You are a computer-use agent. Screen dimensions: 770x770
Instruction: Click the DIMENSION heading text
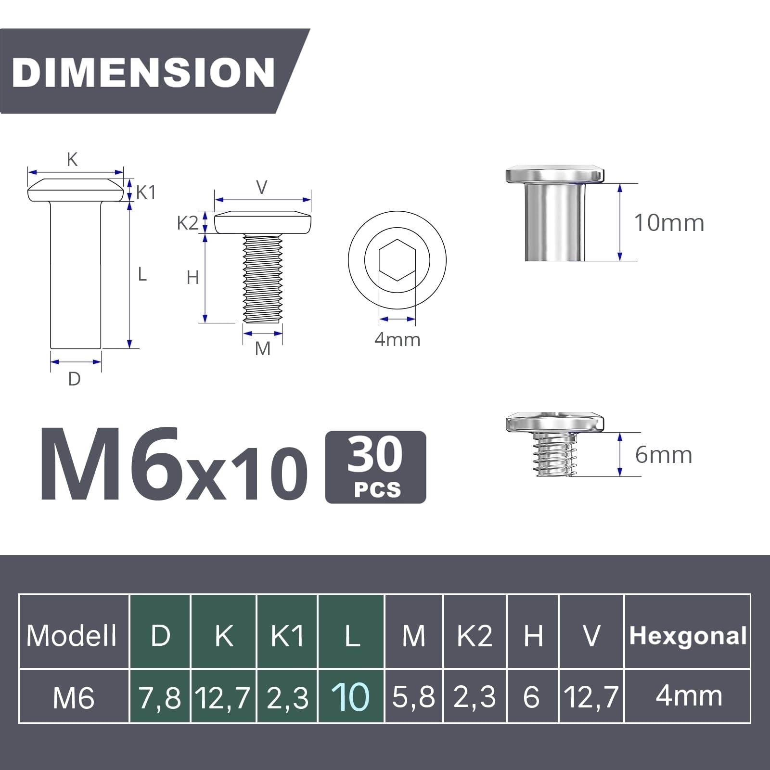point(143,72)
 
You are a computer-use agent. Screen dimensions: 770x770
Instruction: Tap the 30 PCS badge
point(375,467)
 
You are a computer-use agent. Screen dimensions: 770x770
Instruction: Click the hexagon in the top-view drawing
point(397,260)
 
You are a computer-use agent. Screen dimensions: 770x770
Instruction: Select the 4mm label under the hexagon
point(398,340)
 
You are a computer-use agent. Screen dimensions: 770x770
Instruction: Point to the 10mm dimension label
point(669,223)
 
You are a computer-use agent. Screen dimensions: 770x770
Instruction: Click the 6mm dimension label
point(664,455)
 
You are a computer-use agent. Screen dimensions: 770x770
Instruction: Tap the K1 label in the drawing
point(146,192)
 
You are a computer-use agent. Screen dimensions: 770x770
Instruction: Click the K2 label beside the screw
point(187,223)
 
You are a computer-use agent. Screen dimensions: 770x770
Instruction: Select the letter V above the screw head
point(262,187)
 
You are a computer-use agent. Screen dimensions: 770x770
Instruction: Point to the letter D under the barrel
point(75,379)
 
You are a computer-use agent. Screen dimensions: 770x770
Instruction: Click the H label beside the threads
point(192,278)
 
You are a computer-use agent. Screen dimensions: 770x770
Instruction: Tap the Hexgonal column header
point(688,636)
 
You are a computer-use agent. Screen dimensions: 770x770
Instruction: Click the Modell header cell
point(72,636)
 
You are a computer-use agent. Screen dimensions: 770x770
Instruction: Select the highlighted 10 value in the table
point(351,697)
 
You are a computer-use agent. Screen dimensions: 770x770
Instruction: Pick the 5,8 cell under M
point(413,697)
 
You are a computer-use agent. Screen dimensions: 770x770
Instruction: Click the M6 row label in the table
point(73,698)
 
